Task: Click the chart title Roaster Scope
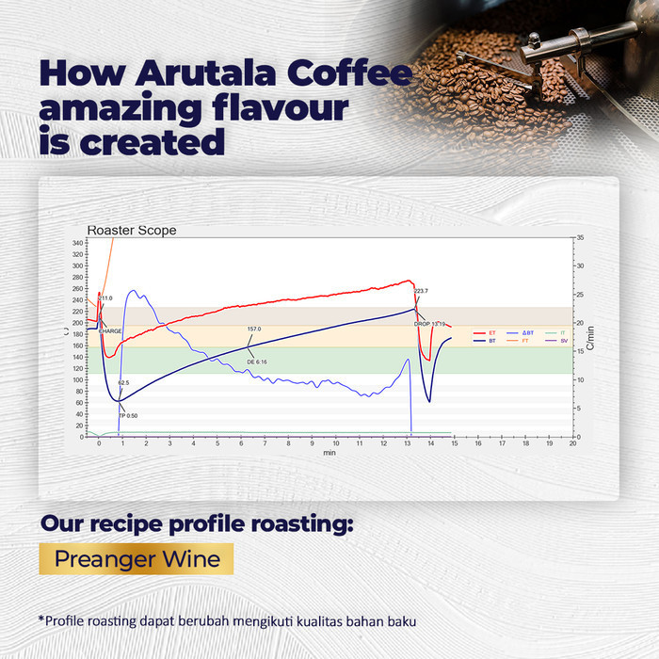pyautogui.click(x=132, y=231)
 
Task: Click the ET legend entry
pyautogui.click(x=491, y=332)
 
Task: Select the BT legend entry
pyautogui.click(x=491, y=341)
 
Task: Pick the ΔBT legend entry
pyautogui.click(x=527, y=332)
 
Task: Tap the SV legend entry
pyautogui.click(x=564, y=341)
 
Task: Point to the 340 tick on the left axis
pyautogui.click(x=77, y=243)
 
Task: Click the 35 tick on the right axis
pyautogui.click(x=580, y=237)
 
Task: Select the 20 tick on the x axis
pyautogui.click(x=573, y=443)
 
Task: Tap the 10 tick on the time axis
pyautogui.click(x=336, y=443)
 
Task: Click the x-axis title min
pyautogui.click(x=329, y=453)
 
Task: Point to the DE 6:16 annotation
pyautogui.click(x=257, y=362)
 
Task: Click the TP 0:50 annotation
pyautogui.click(x=128, y=415)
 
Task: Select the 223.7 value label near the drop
pyautogui.click(x=421, y=291)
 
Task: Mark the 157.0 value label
pyautogui.click(x=254, y=329)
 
